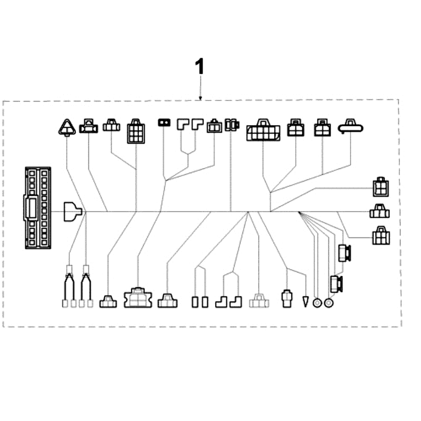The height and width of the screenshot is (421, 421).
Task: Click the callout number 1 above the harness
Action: [x=199, y=68]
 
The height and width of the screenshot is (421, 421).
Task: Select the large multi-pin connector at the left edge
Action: [x=38, y=207]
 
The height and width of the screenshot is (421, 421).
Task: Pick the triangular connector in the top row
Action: [x=67, y=127]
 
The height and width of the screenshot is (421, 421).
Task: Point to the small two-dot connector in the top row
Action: [x=164, y=123]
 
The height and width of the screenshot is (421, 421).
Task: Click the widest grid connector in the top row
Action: [x=263, y=130]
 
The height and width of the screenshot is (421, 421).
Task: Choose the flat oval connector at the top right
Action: [x=351, y=126]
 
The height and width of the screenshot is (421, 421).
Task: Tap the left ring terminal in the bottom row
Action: [x=317, y=303]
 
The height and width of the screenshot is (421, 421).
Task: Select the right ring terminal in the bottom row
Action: [x=329, y=303]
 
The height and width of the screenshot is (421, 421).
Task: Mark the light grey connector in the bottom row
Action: [x=259, y=301]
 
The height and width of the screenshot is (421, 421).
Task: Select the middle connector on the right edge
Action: [x=379, y=212]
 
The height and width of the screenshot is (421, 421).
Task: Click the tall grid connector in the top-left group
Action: [x=136, y=132]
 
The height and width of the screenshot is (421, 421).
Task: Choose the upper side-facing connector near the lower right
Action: [x=345, y=253]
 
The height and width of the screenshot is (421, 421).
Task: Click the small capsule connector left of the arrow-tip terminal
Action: [x=287, y=298]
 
